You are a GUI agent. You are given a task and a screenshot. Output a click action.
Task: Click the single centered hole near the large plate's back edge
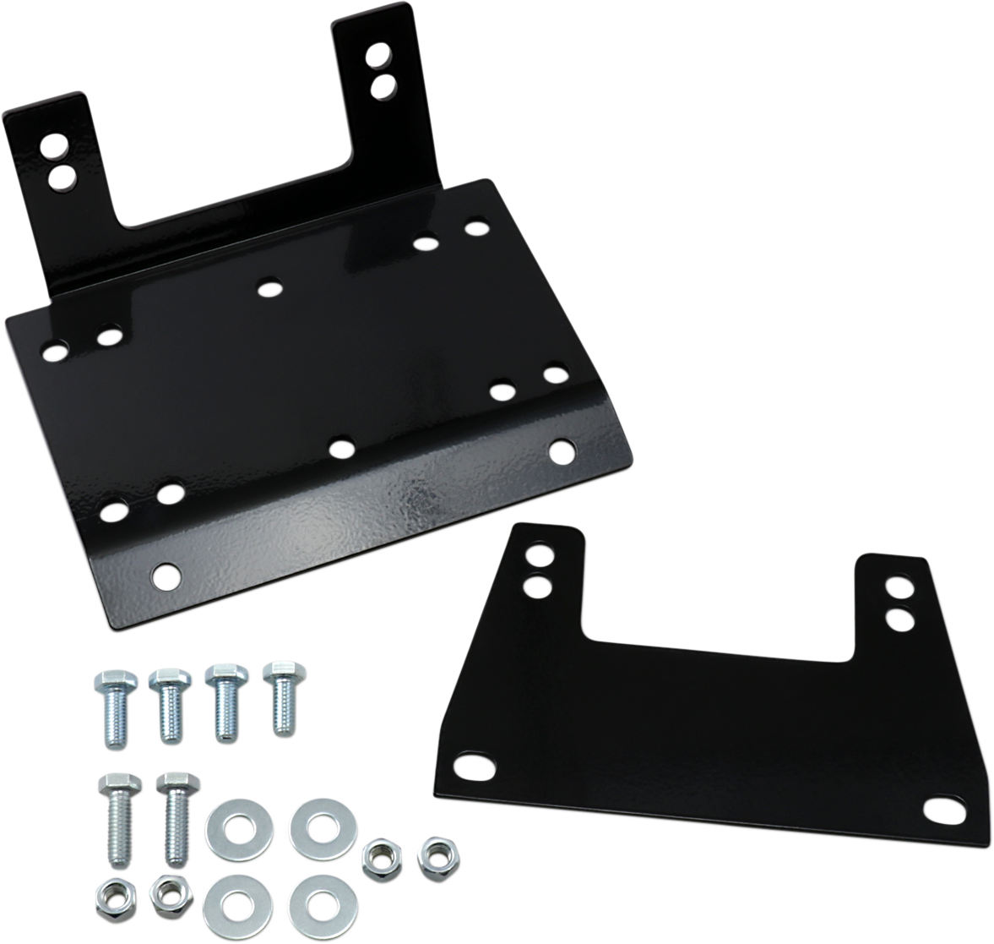point(269,289)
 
